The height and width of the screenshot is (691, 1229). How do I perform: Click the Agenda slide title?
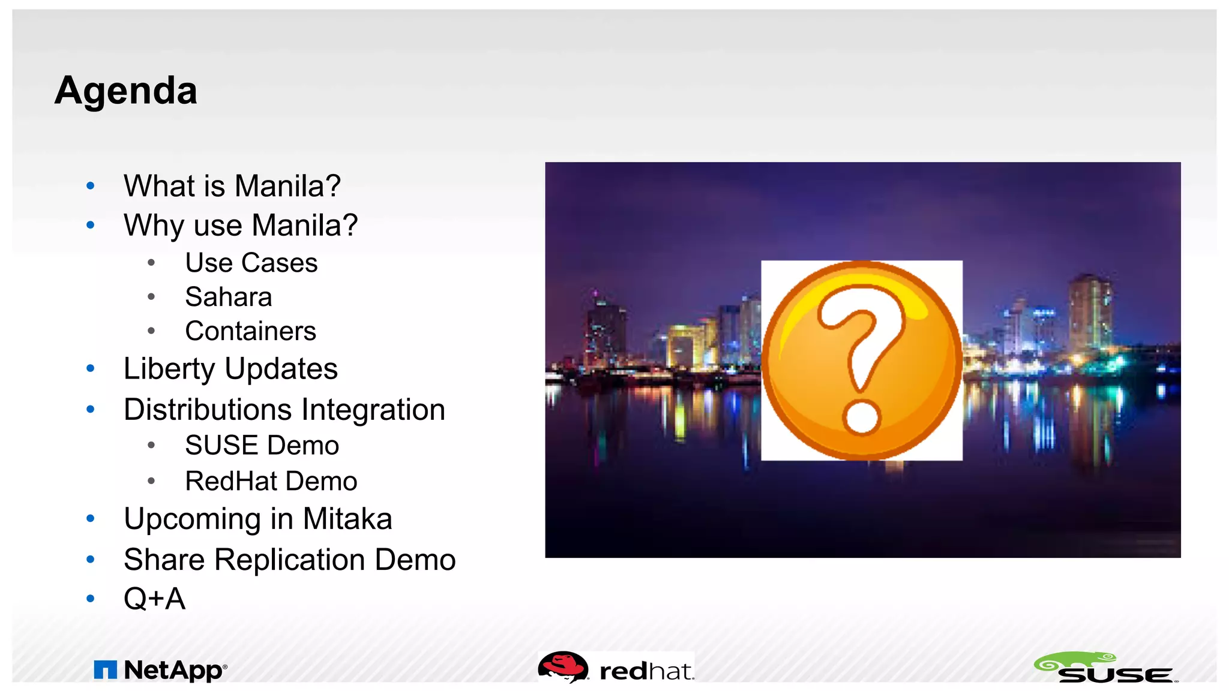click(x=126, y=91)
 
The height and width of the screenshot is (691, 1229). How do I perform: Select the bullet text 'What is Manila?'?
click(x=232, y=186)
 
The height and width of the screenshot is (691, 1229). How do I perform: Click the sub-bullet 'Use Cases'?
click(x=251, y=263)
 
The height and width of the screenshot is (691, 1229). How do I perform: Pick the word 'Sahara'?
click(x=228, y=298)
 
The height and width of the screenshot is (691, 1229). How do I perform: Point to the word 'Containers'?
click(x=250, y=331)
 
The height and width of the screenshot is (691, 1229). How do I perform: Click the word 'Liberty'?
click(x=169, y=369)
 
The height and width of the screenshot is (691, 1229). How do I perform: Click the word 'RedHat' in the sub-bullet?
click(x=231, y=482)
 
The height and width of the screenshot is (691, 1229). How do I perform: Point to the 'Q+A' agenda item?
click(x=154, y=599)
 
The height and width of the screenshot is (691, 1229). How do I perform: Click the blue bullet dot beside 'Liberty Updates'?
click(x=91, y=368)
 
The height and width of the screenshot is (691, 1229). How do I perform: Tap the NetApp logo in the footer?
click(x=160, y=670)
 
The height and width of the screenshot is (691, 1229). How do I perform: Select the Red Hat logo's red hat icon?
click(x=562, y=666)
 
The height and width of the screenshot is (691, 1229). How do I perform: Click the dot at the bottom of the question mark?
click(x=862, y=417)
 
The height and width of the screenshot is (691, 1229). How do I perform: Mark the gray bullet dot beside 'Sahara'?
click(x=151, y=297)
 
